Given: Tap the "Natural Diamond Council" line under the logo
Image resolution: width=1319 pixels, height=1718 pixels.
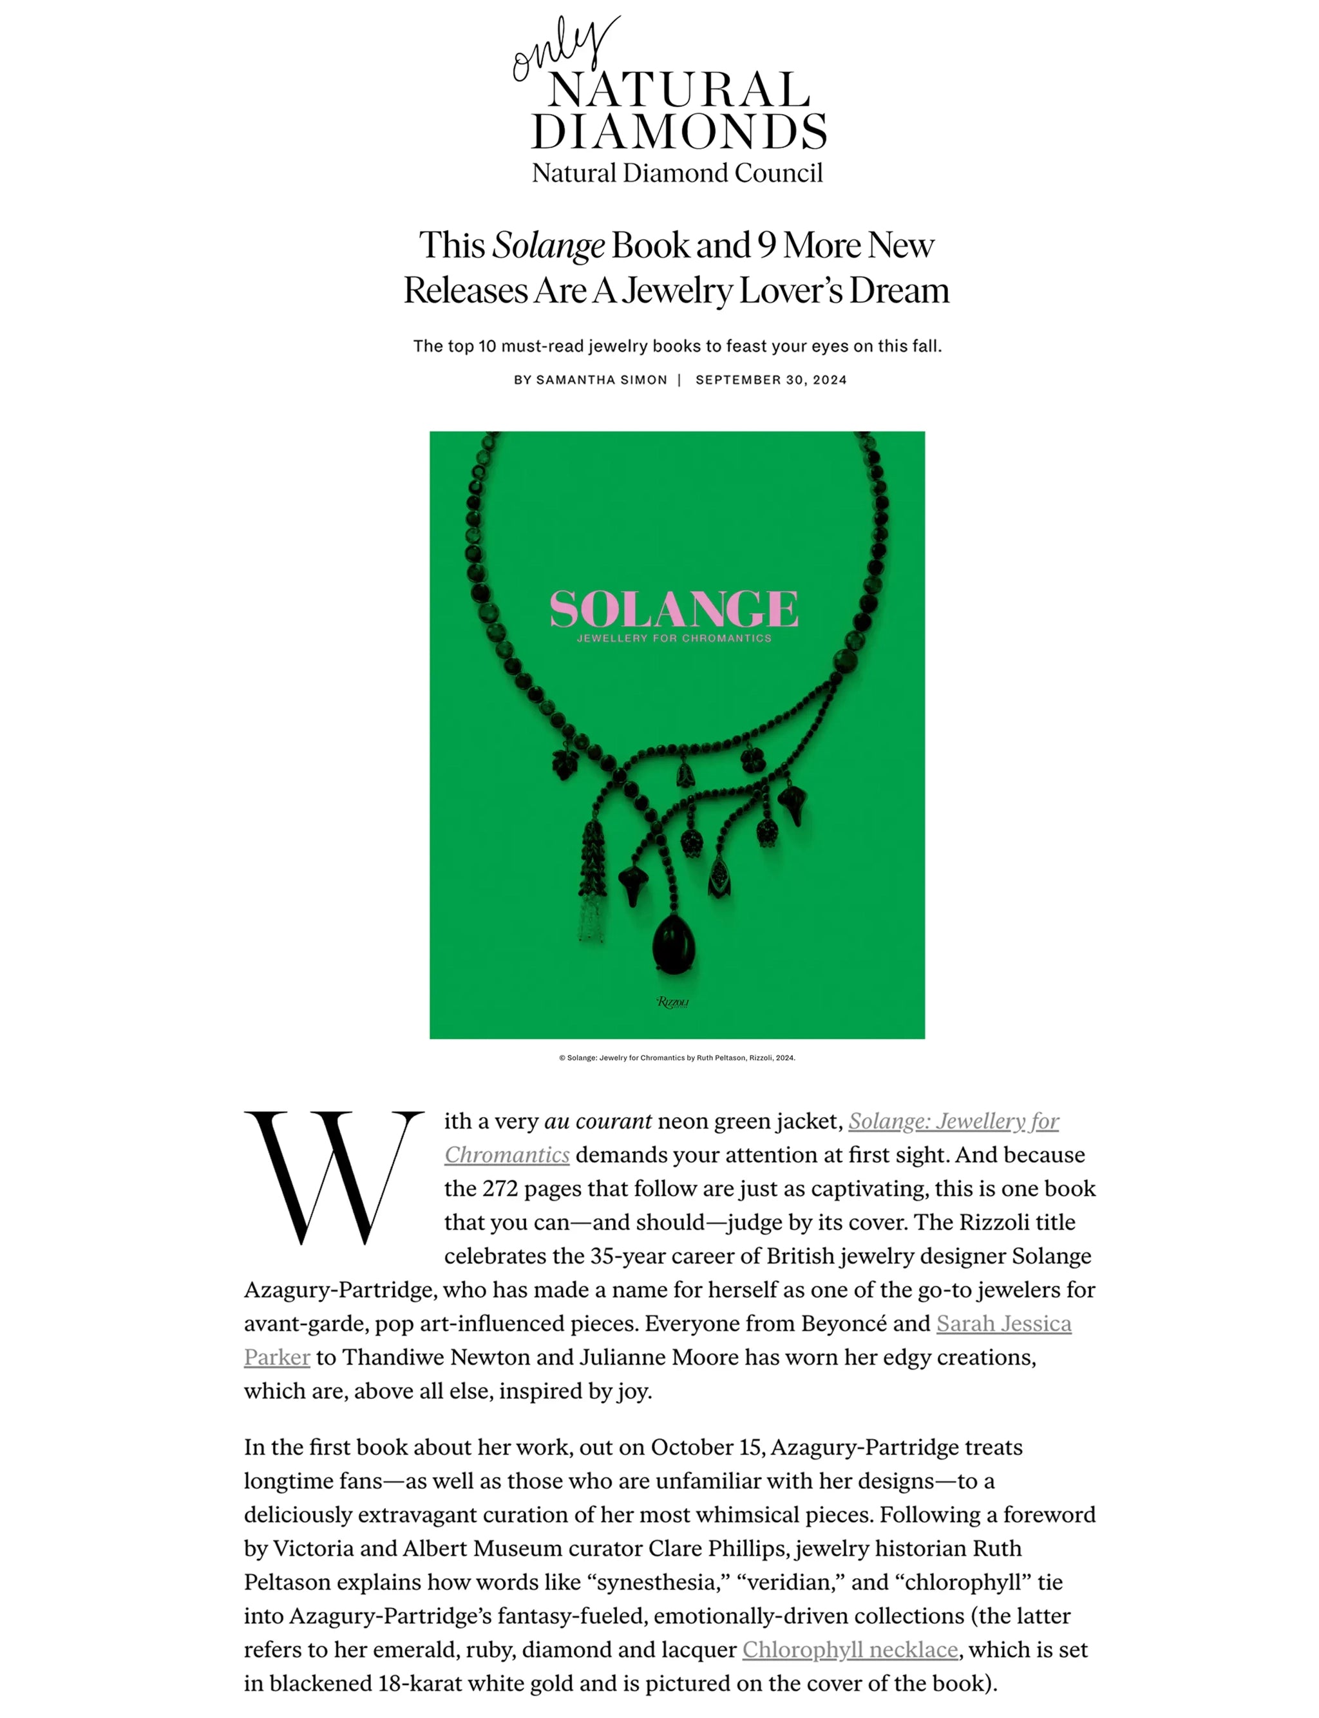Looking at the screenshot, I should [x=677, y=173].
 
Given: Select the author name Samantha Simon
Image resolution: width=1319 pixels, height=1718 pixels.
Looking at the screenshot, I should [x=602, y=380].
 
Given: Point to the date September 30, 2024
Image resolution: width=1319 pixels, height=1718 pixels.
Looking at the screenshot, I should [x=771, y=380].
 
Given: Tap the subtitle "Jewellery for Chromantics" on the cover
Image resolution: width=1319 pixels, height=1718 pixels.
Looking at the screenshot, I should [x=674, y=638].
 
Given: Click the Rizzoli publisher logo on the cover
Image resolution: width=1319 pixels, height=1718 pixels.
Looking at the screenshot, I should [x=673, y=1002].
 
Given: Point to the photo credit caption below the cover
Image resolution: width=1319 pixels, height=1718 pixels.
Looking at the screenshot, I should [x=677, y=1058].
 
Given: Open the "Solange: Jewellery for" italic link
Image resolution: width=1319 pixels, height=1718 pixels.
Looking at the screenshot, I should [x=953, y=1121].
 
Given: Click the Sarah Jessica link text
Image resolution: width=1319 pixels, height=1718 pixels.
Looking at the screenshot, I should [x=1003, y=1324].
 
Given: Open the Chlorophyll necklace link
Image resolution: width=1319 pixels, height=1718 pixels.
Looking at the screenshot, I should [x=849, y=1650].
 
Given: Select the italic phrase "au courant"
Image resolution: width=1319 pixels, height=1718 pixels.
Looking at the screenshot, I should [x=598, y=1121].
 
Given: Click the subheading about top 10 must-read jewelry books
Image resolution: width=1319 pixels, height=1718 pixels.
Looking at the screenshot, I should [x=677, y=347].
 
